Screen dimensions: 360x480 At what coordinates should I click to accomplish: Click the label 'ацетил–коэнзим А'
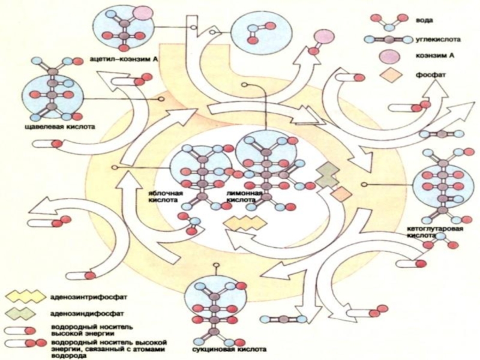[125, 60]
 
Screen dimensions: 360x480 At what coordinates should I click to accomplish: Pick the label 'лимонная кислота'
[244, 197]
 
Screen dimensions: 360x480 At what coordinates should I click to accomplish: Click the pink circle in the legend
[386, 58]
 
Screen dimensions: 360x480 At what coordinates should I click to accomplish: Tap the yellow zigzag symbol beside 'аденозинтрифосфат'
[25, 296]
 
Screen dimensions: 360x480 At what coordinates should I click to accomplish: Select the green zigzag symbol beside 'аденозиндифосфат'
[25, 313]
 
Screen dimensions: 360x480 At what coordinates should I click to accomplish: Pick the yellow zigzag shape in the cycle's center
[245, 223]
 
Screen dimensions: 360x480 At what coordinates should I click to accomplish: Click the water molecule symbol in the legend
[386, 20]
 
